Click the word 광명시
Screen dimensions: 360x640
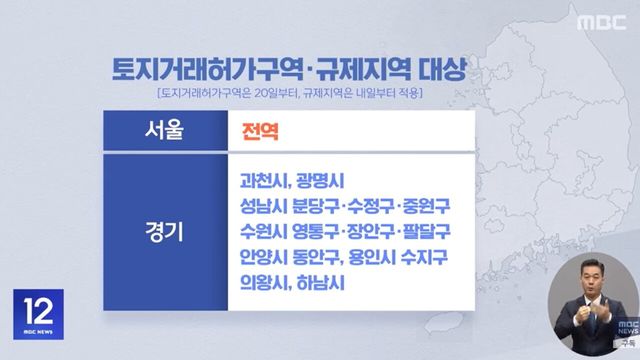tap(321, 181)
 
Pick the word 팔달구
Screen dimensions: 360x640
tap(424, 232)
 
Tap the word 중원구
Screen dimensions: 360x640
tap(425, 207)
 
